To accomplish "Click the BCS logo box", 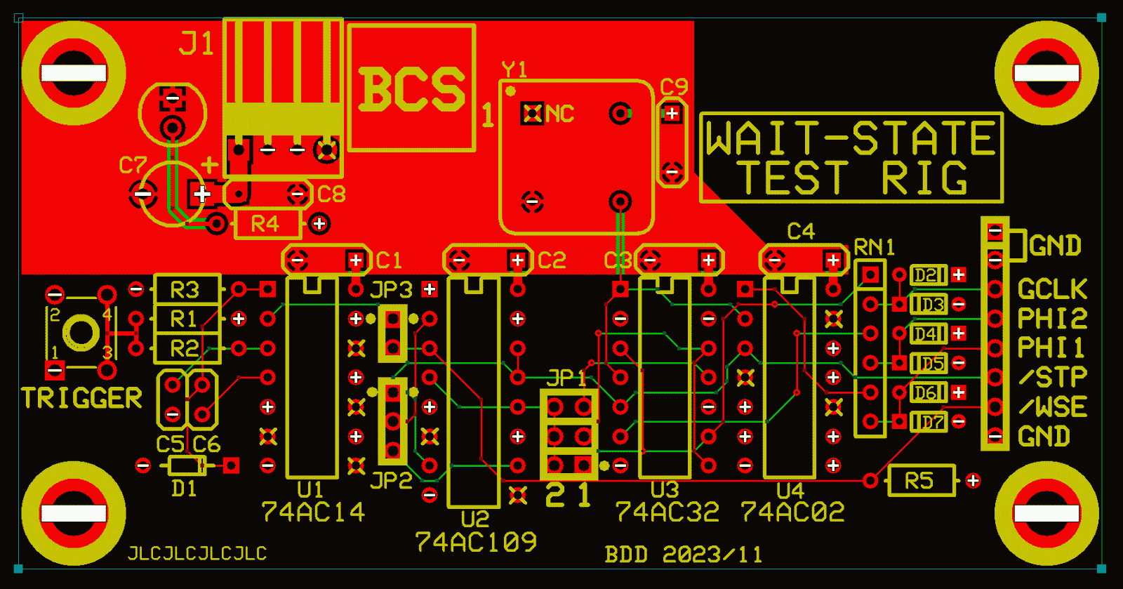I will coord(412,88).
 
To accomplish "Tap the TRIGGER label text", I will coord(81,398).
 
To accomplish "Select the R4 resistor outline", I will coord(265,224).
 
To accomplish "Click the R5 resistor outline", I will coord(920,481).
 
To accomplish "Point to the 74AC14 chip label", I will coord(313,512).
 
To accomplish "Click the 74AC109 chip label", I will coord(476,542).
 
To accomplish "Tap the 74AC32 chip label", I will coord(667,512).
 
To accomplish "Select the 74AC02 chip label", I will coord(792,512).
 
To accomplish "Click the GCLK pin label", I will coord(1052,289).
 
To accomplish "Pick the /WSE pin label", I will coord(1052,406).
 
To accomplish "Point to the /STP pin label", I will coord(1052,377).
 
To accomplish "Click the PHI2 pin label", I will coord(1052,319).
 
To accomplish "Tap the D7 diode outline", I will coord(929,422).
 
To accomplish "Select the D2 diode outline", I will coord(929,275).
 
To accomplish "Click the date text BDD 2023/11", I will coord(683,555).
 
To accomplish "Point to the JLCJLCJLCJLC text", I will coord(197,553).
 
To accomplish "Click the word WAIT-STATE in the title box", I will coord(850,138).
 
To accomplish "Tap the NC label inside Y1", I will coord(559,114).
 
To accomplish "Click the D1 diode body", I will coord(186,465).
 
